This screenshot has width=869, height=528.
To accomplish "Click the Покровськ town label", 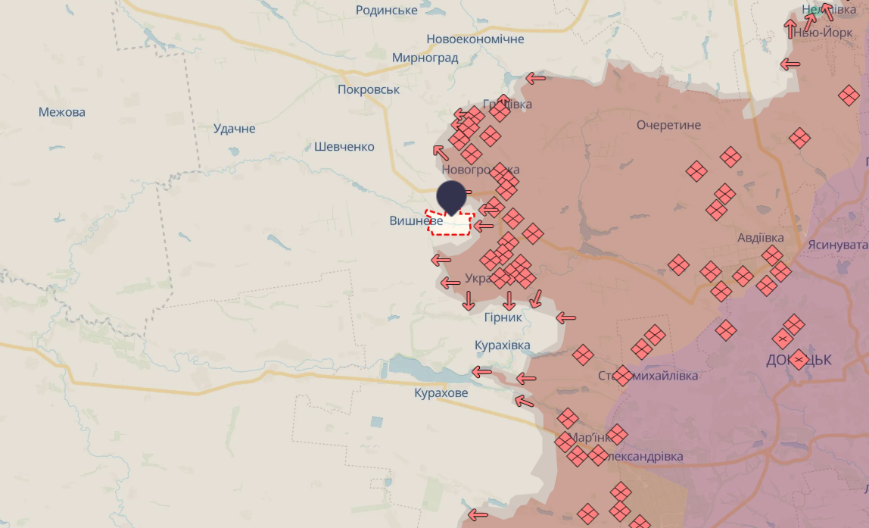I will (x=369, y=89).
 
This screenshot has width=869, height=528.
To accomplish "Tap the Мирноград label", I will (x=425, y=58).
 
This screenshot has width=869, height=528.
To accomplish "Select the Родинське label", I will (x=386, y=10).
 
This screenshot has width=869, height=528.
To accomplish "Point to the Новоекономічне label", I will (x=475, y=39).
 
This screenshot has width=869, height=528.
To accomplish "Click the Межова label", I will (x=62, y=112).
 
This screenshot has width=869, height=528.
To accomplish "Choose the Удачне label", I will (x=235, y=129).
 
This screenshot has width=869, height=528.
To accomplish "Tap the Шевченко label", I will (x=344, y=146).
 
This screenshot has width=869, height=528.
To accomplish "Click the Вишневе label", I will (x=416, y=220).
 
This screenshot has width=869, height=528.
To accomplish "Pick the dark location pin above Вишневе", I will (x=452, y=195).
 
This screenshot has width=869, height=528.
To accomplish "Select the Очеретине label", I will (x=668, y=125).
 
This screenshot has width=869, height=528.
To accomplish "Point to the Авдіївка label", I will (x=760, y=238).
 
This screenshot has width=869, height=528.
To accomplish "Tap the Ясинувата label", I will (x=837, y=245).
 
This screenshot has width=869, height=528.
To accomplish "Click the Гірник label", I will (x=503, y=317).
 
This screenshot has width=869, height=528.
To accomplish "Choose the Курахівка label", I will (x=502, y=345).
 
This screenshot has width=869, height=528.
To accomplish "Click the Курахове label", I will (x=441, y=393).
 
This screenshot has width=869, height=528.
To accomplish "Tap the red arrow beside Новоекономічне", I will (x=536, y=78).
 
